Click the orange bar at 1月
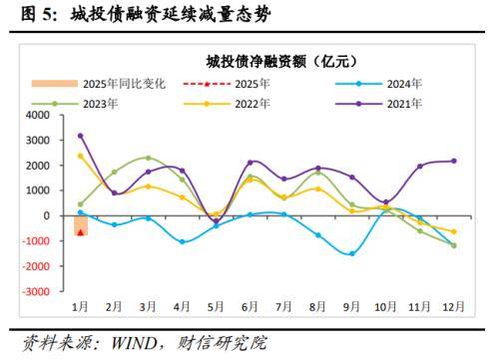81,225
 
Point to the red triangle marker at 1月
81,232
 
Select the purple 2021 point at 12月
455,161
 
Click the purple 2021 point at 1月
81,136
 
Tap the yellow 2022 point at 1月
81,156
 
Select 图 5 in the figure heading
27,14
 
